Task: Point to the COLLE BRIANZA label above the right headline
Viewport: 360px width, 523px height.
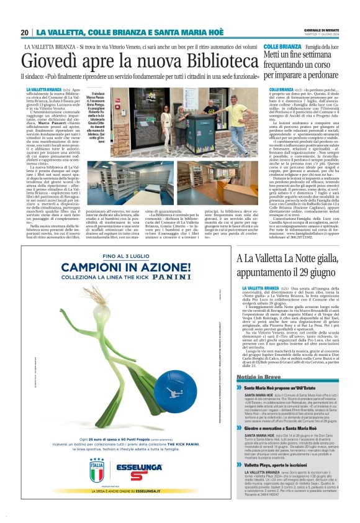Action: pyautogui.click(x=282, y=47)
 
